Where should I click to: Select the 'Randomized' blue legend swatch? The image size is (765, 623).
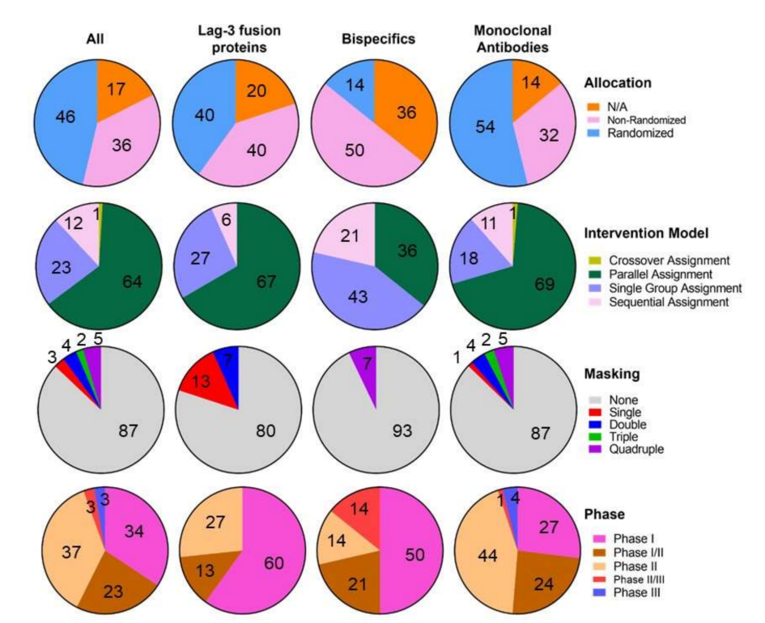[593, 133]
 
